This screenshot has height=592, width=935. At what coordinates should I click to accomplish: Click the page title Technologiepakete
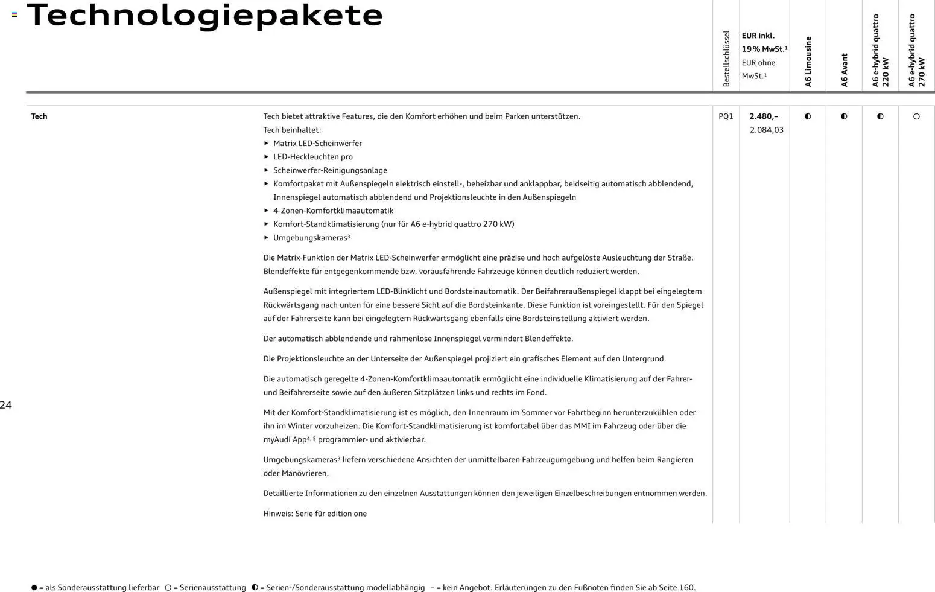[204, 15]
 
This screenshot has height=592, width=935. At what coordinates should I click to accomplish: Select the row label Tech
[39, 116]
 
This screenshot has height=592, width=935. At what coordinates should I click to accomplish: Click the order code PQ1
[726, 116]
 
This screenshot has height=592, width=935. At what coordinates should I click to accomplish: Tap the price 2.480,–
[764, 116]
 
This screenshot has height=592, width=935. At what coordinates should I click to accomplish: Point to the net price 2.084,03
[766, 130]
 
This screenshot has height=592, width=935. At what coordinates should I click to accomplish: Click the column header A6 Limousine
[808, 62]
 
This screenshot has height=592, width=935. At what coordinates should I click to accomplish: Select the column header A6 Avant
[844, 69]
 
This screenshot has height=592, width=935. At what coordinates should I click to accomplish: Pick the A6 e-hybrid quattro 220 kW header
[880, 51]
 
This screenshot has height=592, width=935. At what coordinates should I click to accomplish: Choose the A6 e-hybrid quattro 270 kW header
[916, 51]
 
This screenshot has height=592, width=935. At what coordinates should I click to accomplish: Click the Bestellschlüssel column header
[726, 59]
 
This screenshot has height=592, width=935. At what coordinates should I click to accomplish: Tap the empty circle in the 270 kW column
[916, 116]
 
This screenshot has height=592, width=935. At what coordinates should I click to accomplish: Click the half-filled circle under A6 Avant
[844, 116]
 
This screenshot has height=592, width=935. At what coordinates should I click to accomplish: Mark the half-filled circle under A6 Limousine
[808, 116]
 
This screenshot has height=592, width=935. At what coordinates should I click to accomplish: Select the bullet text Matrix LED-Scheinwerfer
[317, 144]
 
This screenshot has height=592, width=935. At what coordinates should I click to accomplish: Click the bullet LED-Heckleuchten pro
[312, 157]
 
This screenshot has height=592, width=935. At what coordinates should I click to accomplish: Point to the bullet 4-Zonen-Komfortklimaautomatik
[333, 211]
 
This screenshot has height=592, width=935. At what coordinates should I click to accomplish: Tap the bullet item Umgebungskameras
[311, 238]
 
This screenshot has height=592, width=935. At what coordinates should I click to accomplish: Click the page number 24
[6, 405]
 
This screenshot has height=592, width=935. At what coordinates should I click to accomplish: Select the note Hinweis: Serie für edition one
[315, 514]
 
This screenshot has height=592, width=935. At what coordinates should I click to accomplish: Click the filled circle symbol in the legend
[34, 587]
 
